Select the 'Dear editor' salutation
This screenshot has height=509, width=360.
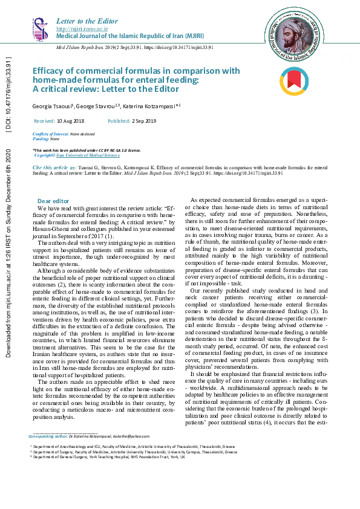point(53,201)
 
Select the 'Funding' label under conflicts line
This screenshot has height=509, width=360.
point(41,138)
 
